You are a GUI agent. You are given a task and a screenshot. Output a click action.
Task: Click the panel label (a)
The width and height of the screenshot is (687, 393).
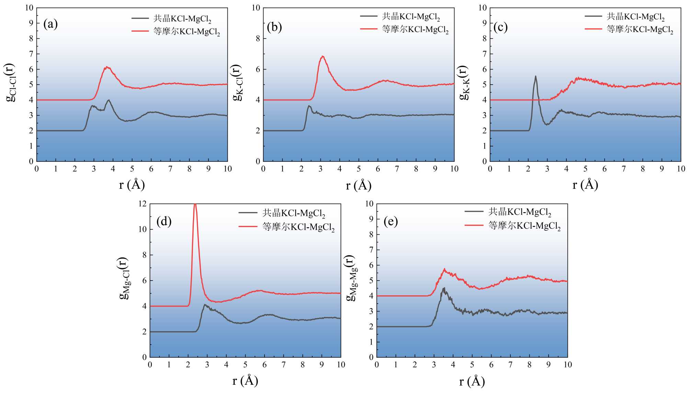(50, 24)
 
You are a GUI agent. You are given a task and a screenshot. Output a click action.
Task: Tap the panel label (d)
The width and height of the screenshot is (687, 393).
(164, 221)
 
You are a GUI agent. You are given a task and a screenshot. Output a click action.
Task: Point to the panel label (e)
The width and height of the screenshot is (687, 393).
(391, 221)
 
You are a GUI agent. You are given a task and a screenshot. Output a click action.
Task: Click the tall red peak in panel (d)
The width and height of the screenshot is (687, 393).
(195, 205)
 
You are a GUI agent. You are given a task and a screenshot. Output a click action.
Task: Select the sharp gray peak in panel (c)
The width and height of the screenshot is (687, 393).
(535, 77)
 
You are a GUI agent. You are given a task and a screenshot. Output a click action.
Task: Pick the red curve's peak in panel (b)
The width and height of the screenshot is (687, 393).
(322, 56)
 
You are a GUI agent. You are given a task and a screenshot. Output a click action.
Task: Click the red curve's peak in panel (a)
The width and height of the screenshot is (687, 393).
(107, 67)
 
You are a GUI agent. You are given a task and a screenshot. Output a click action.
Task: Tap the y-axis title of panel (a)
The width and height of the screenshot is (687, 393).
(10, 83)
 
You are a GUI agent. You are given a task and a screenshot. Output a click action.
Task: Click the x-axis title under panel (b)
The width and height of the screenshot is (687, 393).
(359, 186)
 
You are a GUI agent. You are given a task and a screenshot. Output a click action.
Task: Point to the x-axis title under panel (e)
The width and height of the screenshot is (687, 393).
(472, 381)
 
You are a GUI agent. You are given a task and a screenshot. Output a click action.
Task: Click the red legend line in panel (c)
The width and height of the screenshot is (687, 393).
(593, 29)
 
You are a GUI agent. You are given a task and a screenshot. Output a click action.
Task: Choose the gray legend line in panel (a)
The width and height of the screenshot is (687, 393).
(140, 18)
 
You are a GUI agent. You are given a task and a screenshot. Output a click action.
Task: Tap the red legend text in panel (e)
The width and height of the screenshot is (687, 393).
(525, 226)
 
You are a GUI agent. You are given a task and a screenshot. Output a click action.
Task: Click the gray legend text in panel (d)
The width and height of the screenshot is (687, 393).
(294, 213)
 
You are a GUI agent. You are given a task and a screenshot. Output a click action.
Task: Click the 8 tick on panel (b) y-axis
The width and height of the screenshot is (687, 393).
(258, 39)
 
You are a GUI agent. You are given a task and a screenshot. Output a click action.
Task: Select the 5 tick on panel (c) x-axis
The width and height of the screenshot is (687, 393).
(585, 169)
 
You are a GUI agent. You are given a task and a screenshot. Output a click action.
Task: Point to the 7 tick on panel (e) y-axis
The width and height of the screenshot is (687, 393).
(371, 250)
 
